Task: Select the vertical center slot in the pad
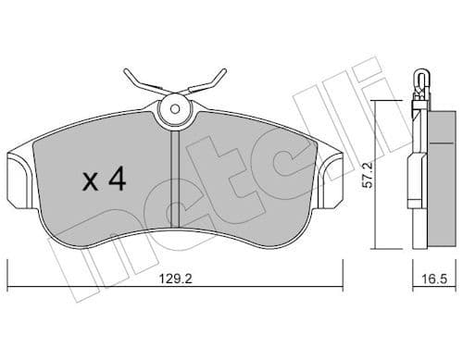(x=173, y=162)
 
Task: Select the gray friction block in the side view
(x=435, y=176)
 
